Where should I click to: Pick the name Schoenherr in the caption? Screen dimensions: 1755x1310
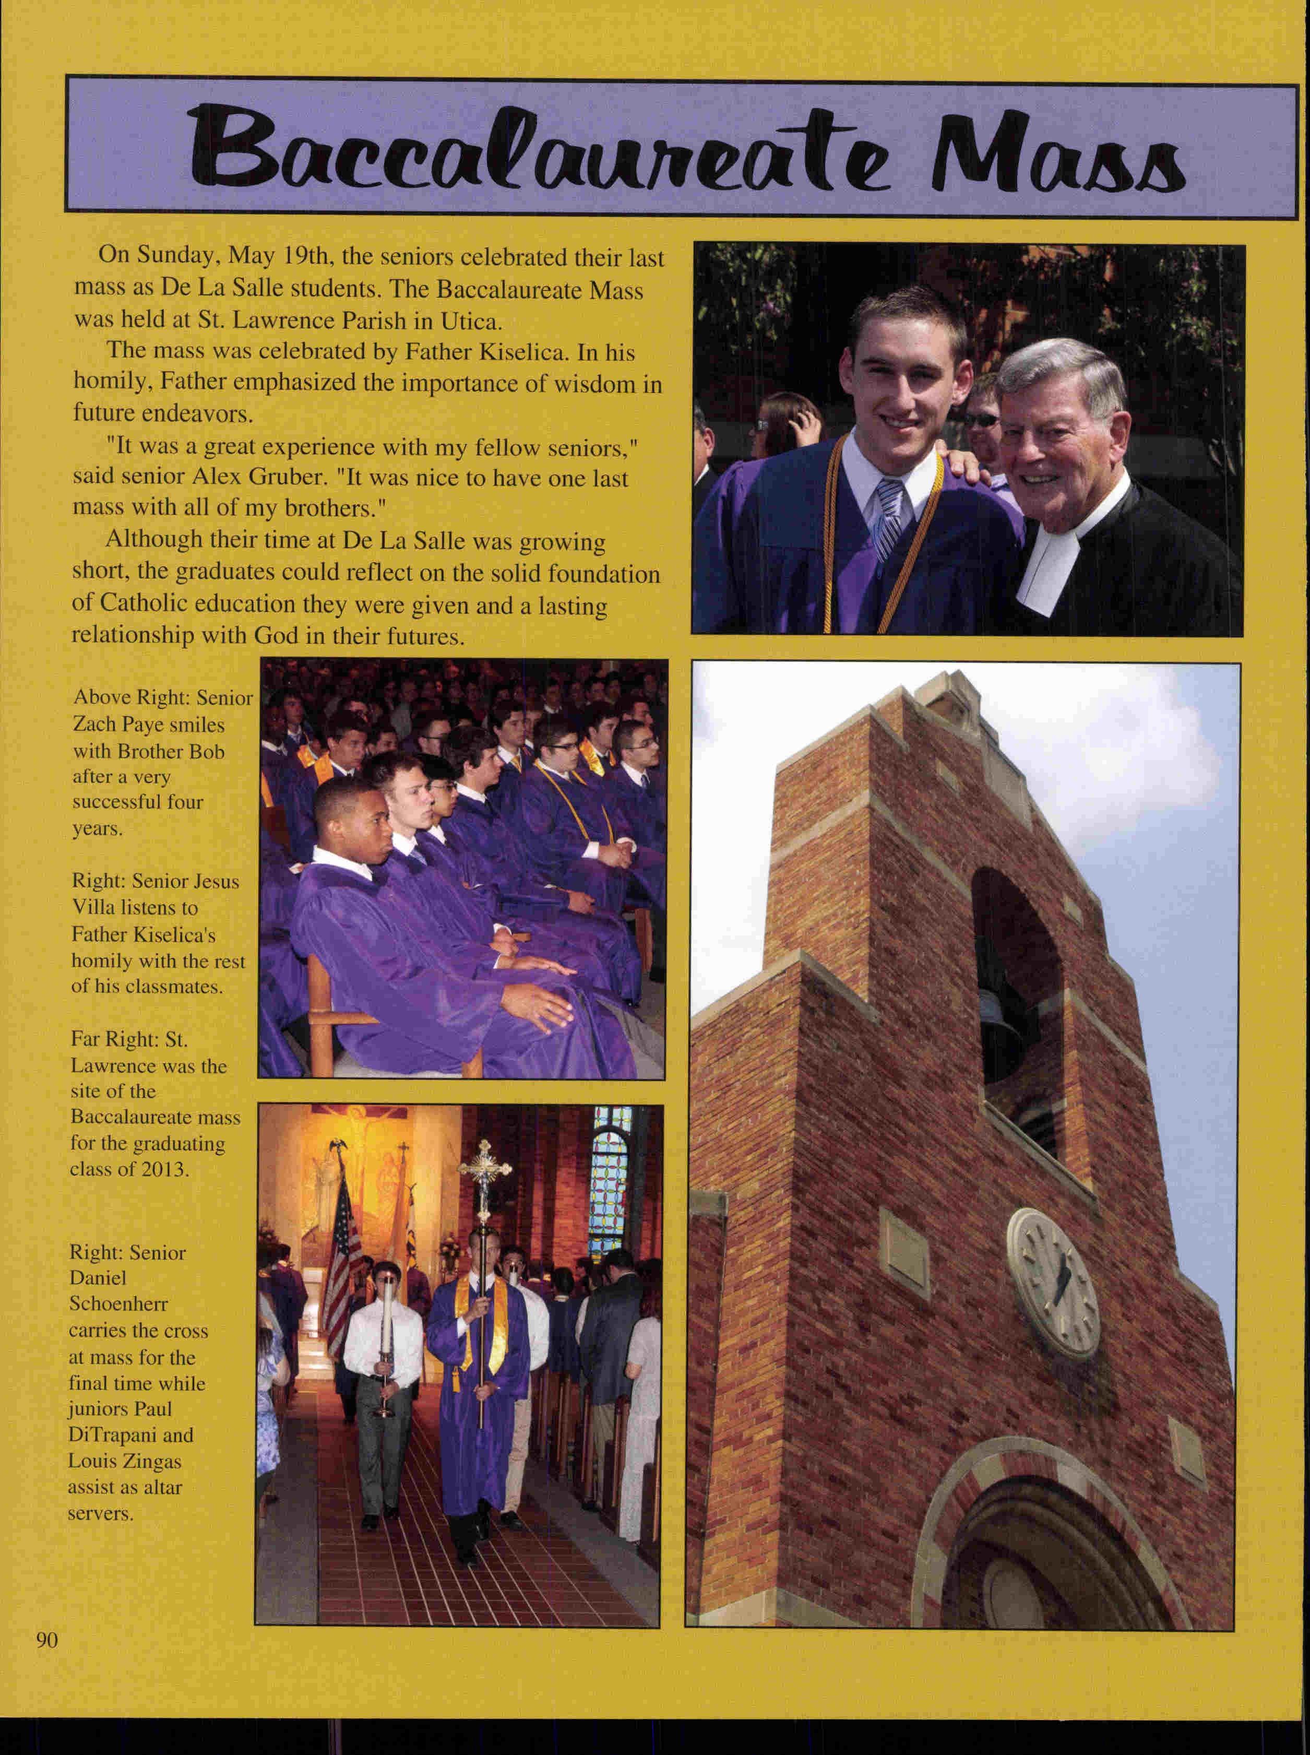pos(119,1305)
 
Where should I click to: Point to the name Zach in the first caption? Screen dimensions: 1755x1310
pos(93,725)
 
